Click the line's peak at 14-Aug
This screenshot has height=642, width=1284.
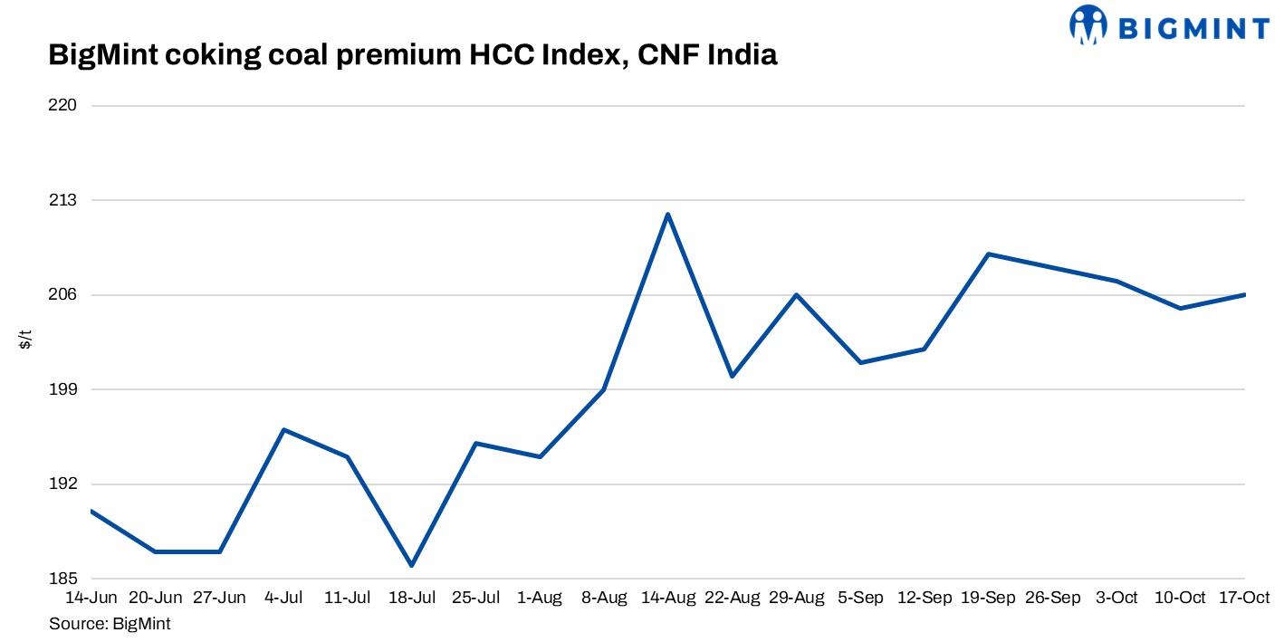pos(667,215)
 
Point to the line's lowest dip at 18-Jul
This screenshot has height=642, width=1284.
pos(412,565)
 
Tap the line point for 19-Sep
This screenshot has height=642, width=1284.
pos(989,254)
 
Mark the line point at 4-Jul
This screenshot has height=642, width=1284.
pos(284,430)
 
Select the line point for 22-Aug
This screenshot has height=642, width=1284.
pos(732,376)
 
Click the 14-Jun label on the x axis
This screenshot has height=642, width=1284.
pos(91,599)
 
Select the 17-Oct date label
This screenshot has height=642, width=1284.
pos(1245,599)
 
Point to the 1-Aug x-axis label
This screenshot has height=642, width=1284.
pos(541,599)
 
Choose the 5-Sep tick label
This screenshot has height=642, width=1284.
pos(861,599)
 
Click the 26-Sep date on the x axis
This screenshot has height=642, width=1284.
pos(1053,599)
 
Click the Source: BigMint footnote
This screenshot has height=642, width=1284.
pos(110,624)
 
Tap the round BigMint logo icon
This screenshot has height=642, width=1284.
pos(1088,25)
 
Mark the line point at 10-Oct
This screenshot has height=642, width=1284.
pos(1181,309)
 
